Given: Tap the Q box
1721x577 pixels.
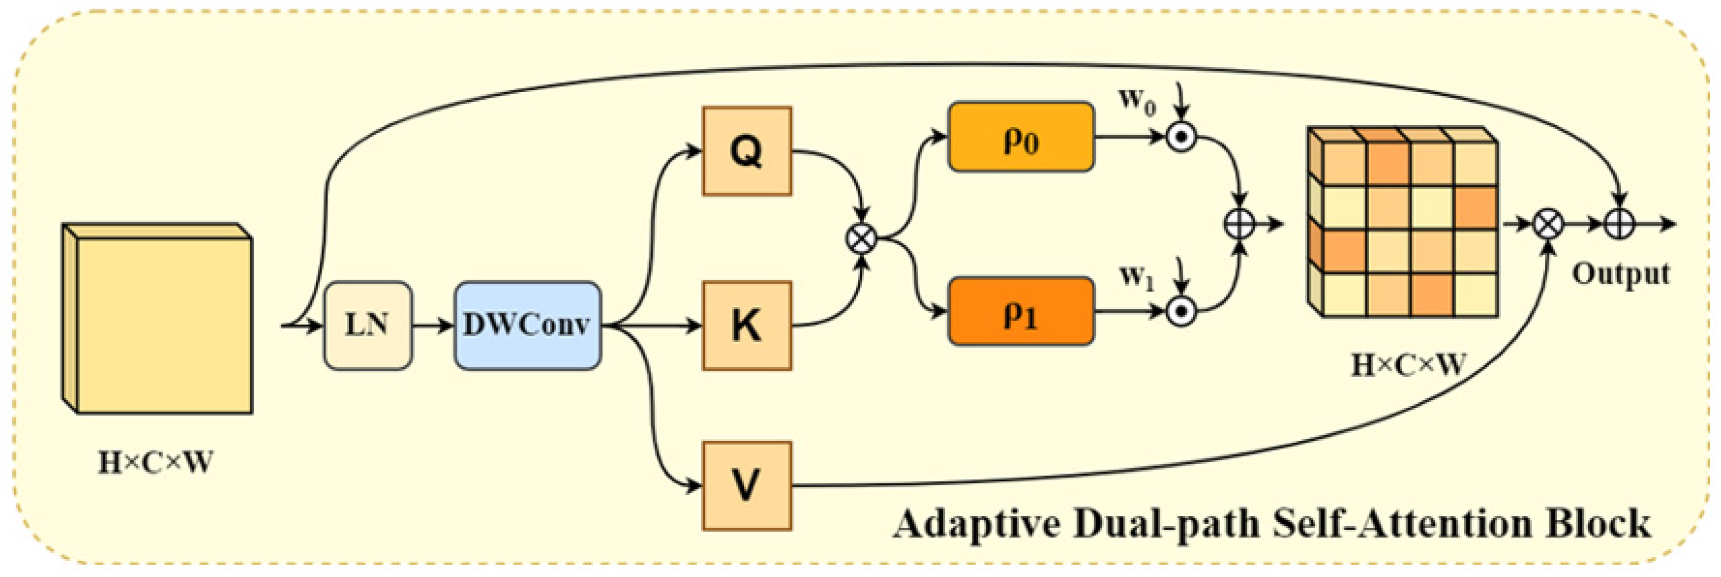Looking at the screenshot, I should tap(747, 151).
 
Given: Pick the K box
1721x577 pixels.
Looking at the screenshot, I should tap(747, 326).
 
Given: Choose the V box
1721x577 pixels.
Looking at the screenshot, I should tap(747, 485).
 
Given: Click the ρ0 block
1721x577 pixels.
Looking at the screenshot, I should tap(1021, 137).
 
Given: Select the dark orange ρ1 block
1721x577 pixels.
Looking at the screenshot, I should tap(1021, 312).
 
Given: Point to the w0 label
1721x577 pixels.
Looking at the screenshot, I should tap(1137, 102).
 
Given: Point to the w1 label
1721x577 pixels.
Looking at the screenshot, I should tap(1137, 276).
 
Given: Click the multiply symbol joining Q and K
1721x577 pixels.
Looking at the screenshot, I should tap(862, 238).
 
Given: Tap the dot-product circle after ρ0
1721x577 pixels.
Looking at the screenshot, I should tap(1181, 137).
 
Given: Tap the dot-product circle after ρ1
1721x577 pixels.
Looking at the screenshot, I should tap(1181, 312).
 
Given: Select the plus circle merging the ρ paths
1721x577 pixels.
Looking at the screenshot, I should tap(1240, 224).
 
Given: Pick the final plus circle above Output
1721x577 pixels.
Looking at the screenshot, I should tap(1619, 224).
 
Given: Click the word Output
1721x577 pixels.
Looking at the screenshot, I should tap(1621, 274).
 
